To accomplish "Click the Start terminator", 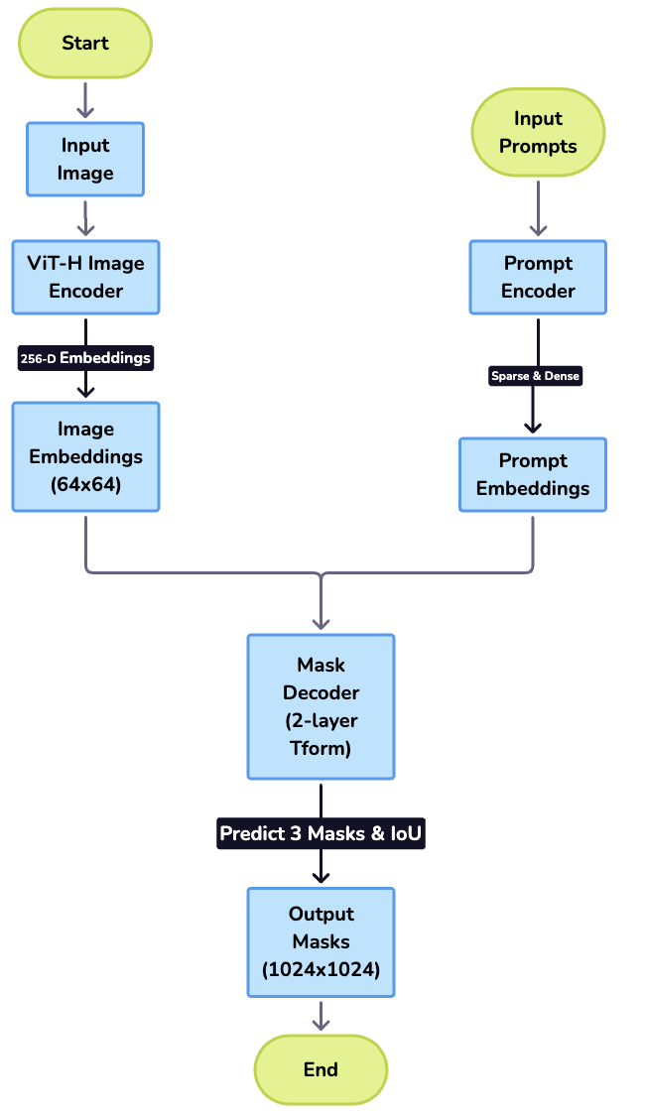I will coord(85,44).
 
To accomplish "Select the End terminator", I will coord(321,1069).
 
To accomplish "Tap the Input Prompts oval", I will coord(538,132).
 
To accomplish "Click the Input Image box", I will coord(85,159).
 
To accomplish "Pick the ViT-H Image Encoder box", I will coord(85,277).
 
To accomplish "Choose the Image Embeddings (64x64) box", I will coord(85,456).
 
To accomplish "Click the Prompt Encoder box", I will coord(538,277).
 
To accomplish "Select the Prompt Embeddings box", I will coord(533,474).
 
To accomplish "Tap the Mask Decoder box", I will coord(321,705).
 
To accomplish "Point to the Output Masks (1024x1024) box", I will coord(321,941).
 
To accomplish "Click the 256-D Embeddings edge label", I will coord(85,358).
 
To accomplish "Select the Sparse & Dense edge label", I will coord(535,376).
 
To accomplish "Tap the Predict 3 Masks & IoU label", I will coord(321,833).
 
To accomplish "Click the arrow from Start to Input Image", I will coord(85,100).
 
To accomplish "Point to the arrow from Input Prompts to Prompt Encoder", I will coord(538,207).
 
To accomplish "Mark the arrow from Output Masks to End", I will coord(321,1015).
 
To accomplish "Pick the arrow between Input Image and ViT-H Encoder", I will coord(85,217).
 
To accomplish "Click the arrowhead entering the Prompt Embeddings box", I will coord(533,427).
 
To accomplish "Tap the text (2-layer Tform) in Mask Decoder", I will coord(321,735).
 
